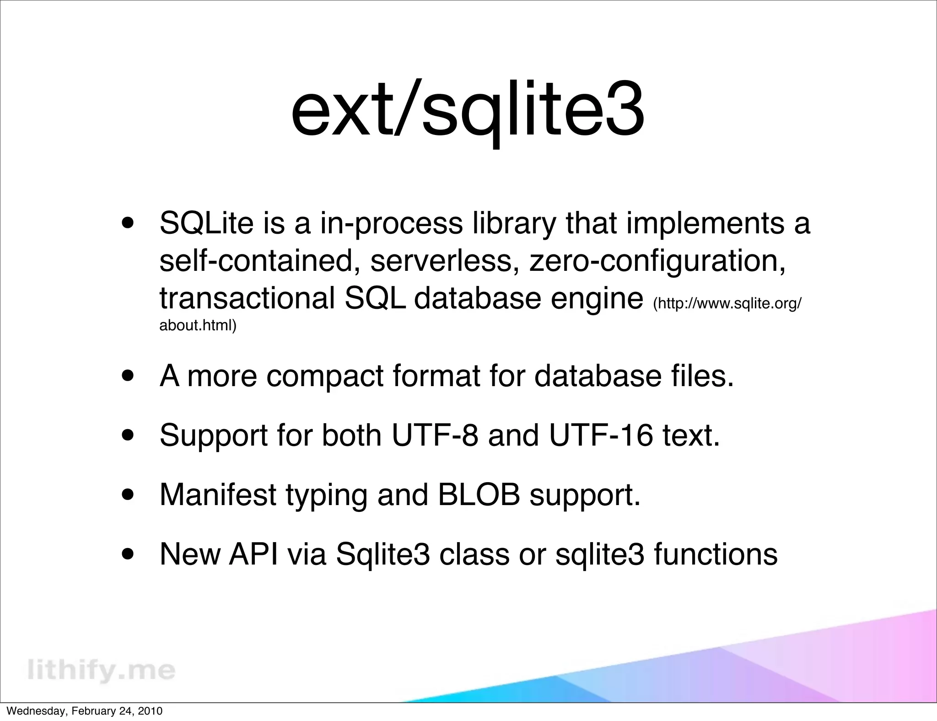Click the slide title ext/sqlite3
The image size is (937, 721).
[x=468, y=112]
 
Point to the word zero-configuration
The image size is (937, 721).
[x=657, y=260]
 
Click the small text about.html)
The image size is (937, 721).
[x=198, y=326]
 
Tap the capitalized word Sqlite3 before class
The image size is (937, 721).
[x=383, y=554]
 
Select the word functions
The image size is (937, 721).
[x=716, y=554]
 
